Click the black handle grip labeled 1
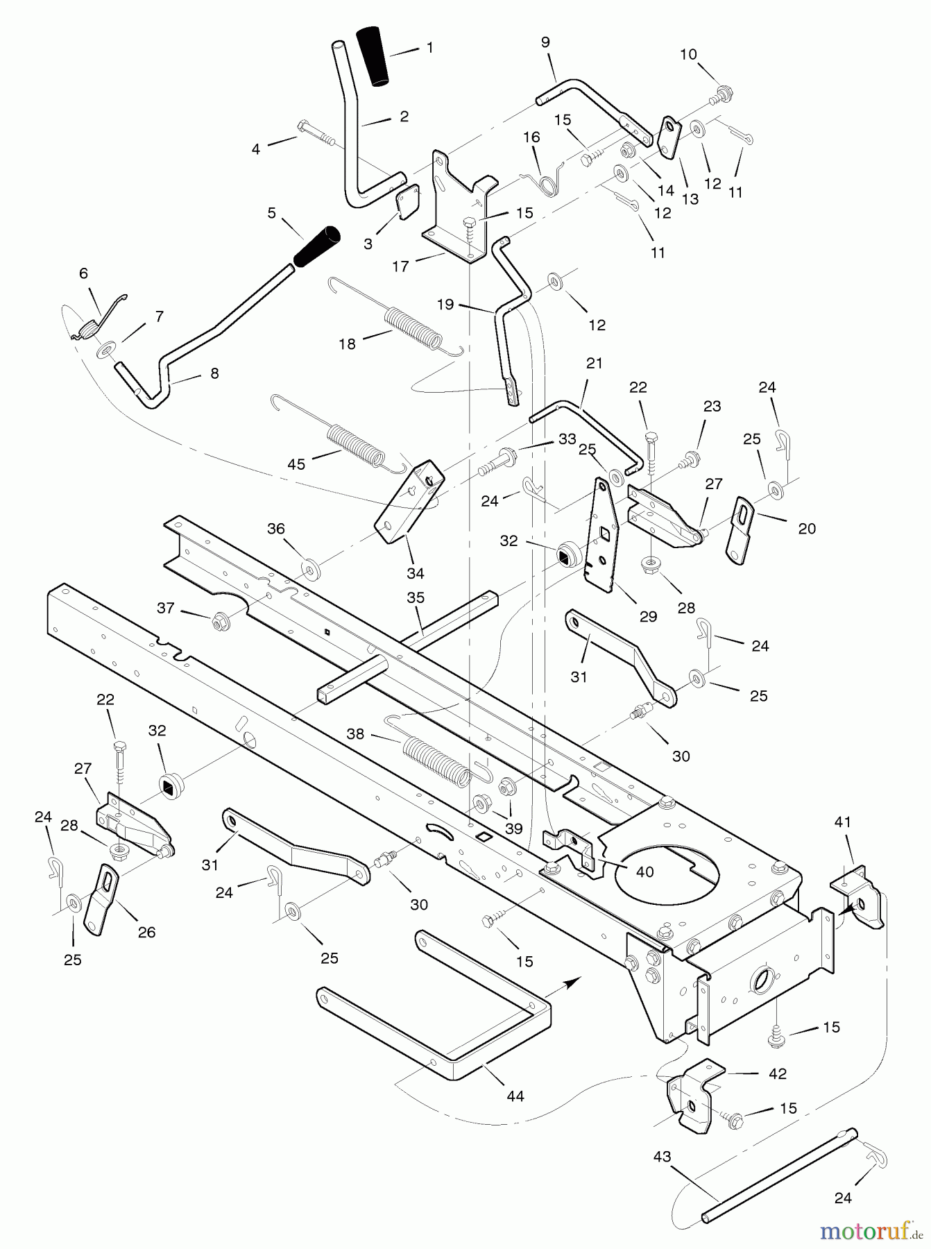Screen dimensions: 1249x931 click(373, 57)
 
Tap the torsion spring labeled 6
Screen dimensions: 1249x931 click(90, 323)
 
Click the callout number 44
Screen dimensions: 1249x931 click(515, 1096)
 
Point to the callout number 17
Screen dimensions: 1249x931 click(400, 266)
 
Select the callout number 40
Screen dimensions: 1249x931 click(644, 872)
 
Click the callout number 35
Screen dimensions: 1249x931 click(416, 597)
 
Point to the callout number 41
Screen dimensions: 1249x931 click(842, 823)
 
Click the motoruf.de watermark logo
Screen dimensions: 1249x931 click(872, 1230)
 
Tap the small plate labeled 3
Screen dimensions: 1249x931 click(408, 201)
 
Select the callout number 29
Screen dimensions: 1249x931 click(647, 616)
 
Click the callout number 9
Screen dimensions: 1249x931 click(545, 42)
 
